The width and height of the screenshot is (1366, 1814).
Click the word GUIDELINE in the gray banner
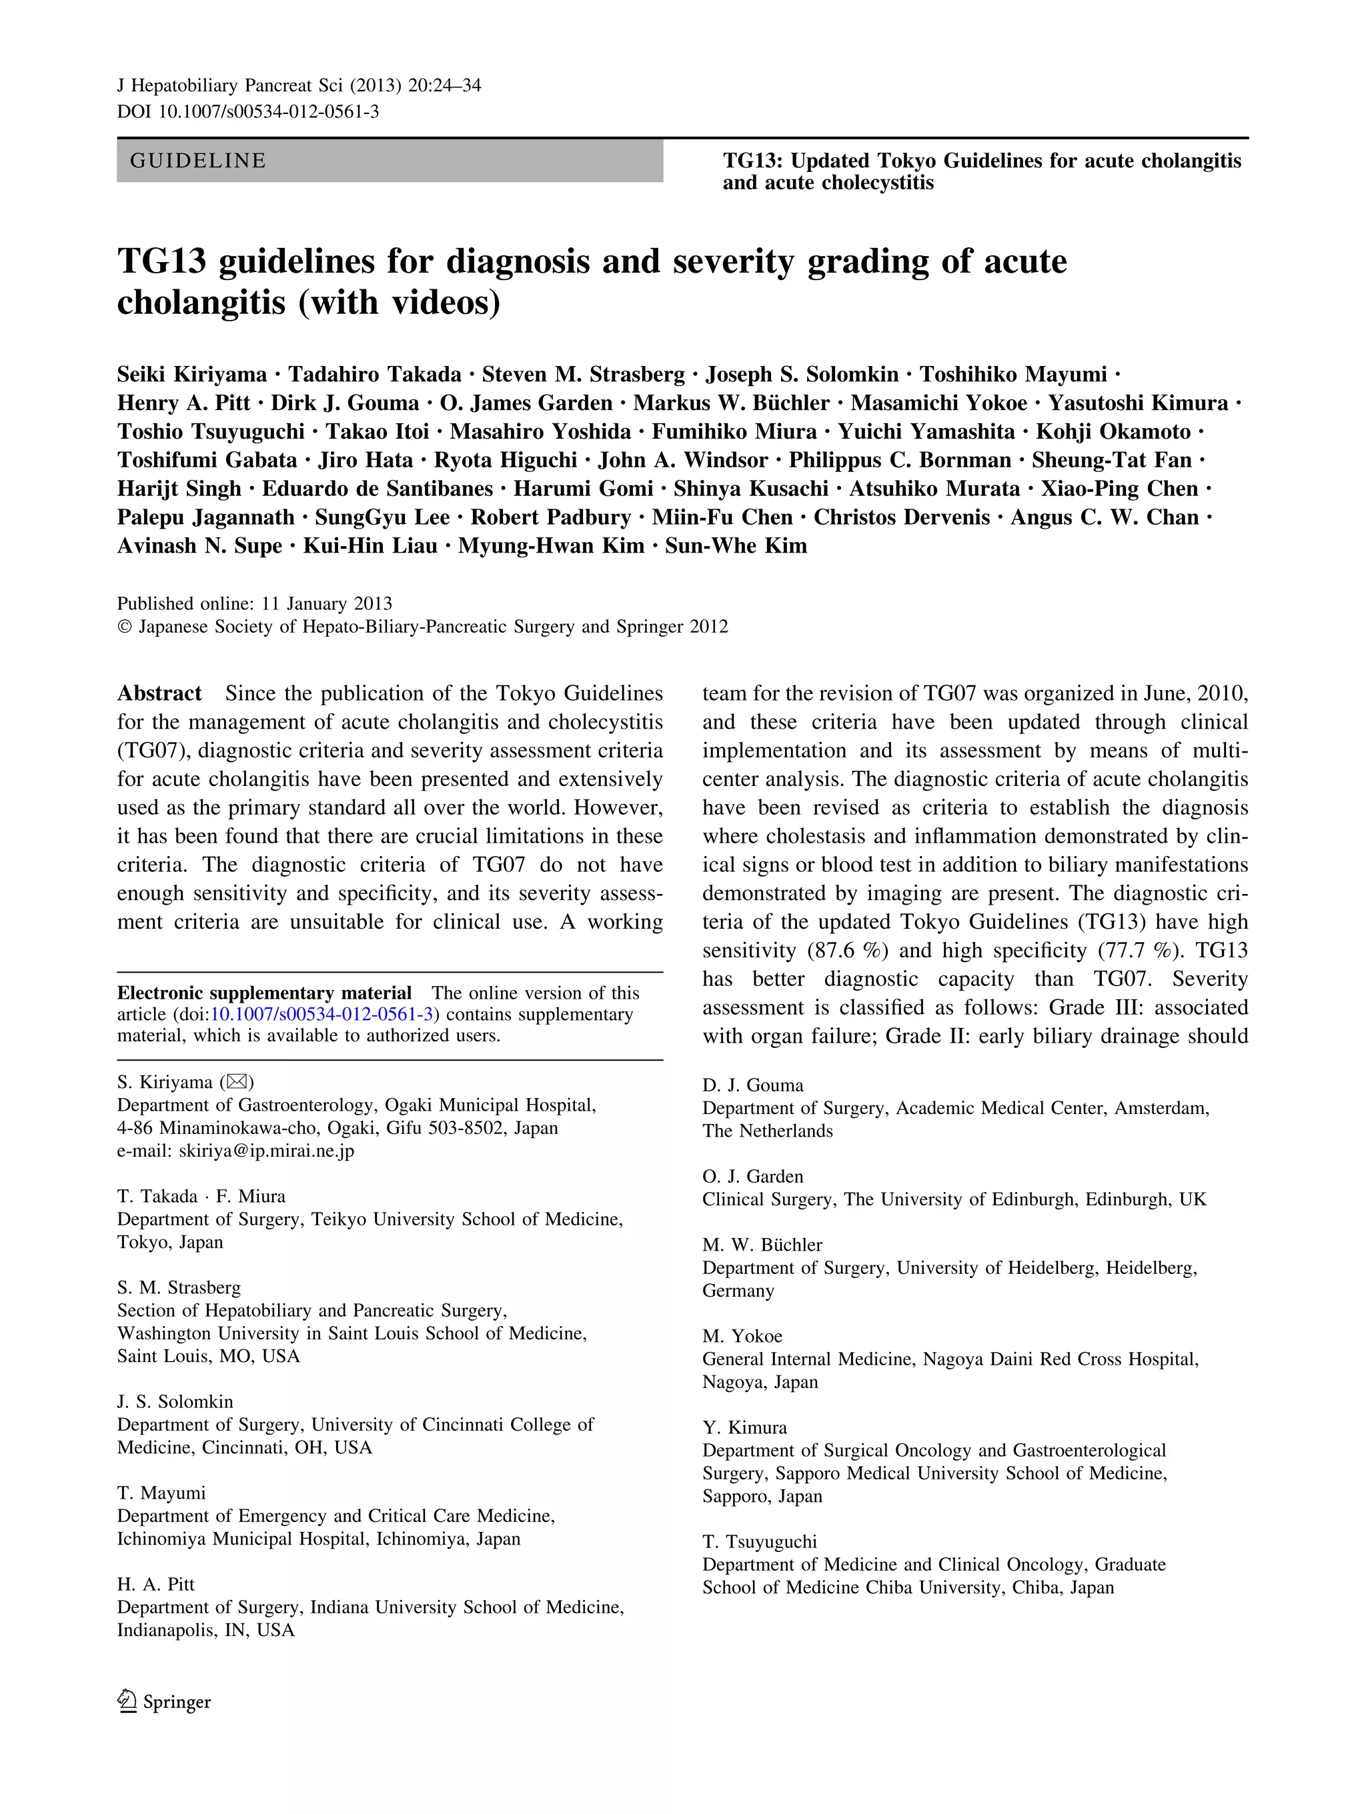pos(197,161)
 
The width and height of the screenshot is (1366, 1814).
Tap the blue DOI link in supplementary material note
pos(321,1015)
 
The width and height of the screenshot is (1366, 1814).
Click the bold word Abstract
pos(159,694)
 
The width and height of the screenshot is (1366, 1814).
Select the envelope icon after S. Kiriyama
pos(236,1083)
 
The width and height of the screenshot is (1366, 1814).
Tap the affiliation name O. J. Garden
pos(752,1177)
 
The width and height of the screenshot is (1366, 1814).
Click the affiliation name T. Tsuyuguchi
pos(759,1542)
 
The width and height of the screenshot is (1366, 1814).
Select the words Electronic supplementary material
pos(264,993)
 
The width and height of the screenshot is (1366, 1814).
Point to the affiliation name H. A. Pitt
pos(156,1585)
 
